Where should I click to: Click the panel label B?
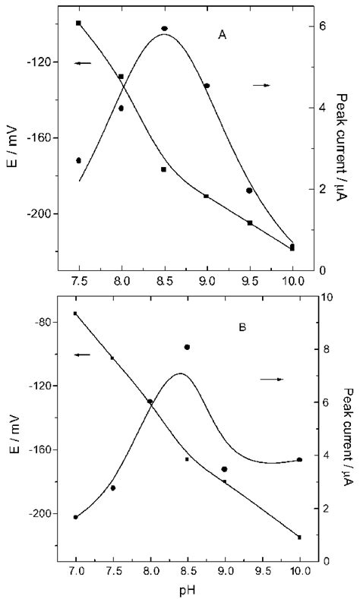[x=242, y=328]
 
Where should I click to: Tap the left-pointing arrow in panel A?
[x=83, y=63]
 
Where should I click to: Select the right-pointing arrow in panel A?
[x=261, y=85]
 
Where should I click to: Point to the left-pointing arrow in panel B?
[x=82, y=355]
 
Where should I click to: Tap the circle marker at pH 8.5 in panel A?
[x=164, y=29]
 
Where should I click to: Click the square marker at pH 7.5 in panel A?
[x=79, y=23]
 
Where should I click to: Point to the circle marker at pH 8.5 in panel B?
[x=187, y=347]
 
